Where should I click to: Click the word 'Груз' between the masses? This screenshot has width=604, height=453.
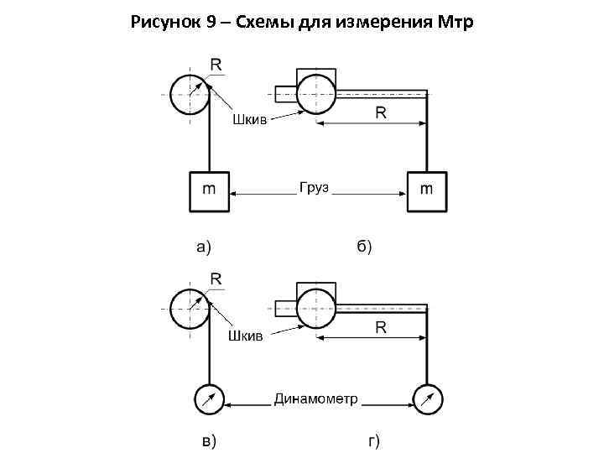tap(314, 189)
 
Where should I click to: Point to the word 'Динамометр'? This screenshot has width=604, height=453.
tap(315, 398)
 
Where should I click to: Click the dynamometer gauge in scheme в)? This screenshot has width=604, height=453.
tap(208, 399)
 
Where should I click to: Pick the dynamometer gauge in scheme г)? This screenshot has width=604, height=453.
tap(428, 399)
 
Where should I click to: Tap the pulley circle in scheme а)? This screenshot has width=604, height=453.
tap(190, 92)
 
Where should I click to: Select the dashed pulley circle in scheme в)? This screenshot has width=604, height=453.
tap(190, 308)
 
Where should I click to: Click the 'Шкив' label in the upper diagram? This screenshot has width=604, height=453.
tap(249, 121)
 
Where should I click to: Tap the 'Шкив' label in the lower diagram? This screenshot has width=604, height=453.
tap(246, 336)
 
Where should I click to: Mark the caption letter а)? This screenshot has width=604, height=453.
tap(204, 247)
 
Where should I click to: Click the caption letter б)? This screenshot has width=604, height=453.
tap(364, 247)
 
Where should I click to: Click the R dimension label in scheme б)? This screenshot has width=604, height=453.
tap(380, 112)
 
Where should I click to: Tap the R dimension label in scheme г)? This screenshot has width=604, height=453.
tap(380, 327)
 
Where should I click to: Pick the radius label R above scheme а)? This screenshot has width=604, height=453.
tap(216, 64)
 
